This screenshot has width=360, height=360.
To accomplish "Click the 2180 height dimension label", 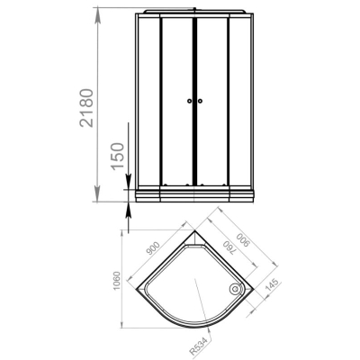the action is (86, 108).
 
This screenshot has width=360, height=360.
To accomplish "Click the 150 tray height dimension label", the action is (117, 157).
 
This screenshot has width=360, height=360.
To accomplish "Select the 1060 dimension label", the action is (116, 281).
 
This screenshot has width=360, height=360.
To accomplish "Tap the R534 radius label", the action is (199, 346).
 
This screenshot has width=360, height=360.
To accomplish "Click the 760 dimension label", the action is (229, 248).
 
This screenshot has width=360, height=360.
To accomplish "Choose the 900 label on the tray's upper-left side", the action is (153, 247).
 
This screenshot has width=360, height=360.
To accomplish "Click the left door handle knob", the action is (189, 101).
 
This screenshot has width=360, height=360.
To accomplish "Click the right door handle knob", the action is (200, 101).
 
